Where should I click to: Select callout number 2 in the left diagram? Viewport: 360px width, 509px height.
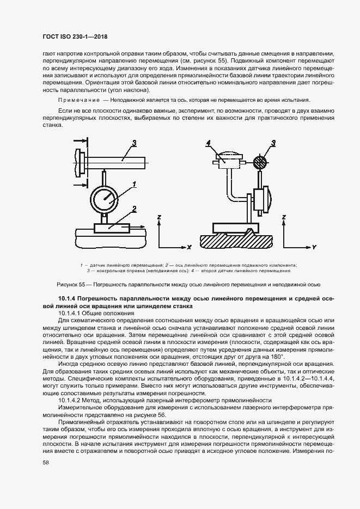133,208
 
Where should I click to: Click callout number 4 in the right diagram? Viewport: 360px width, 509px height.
208,143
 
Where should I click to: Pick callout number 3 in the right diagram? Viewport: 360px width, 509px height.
273,143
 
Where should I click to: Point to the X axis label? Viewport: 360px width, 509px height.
189,247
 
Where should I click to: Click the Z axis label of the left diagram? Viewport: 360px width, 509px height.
158,217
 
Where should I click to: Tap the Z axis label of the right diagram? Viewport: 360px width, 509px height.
283,217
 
